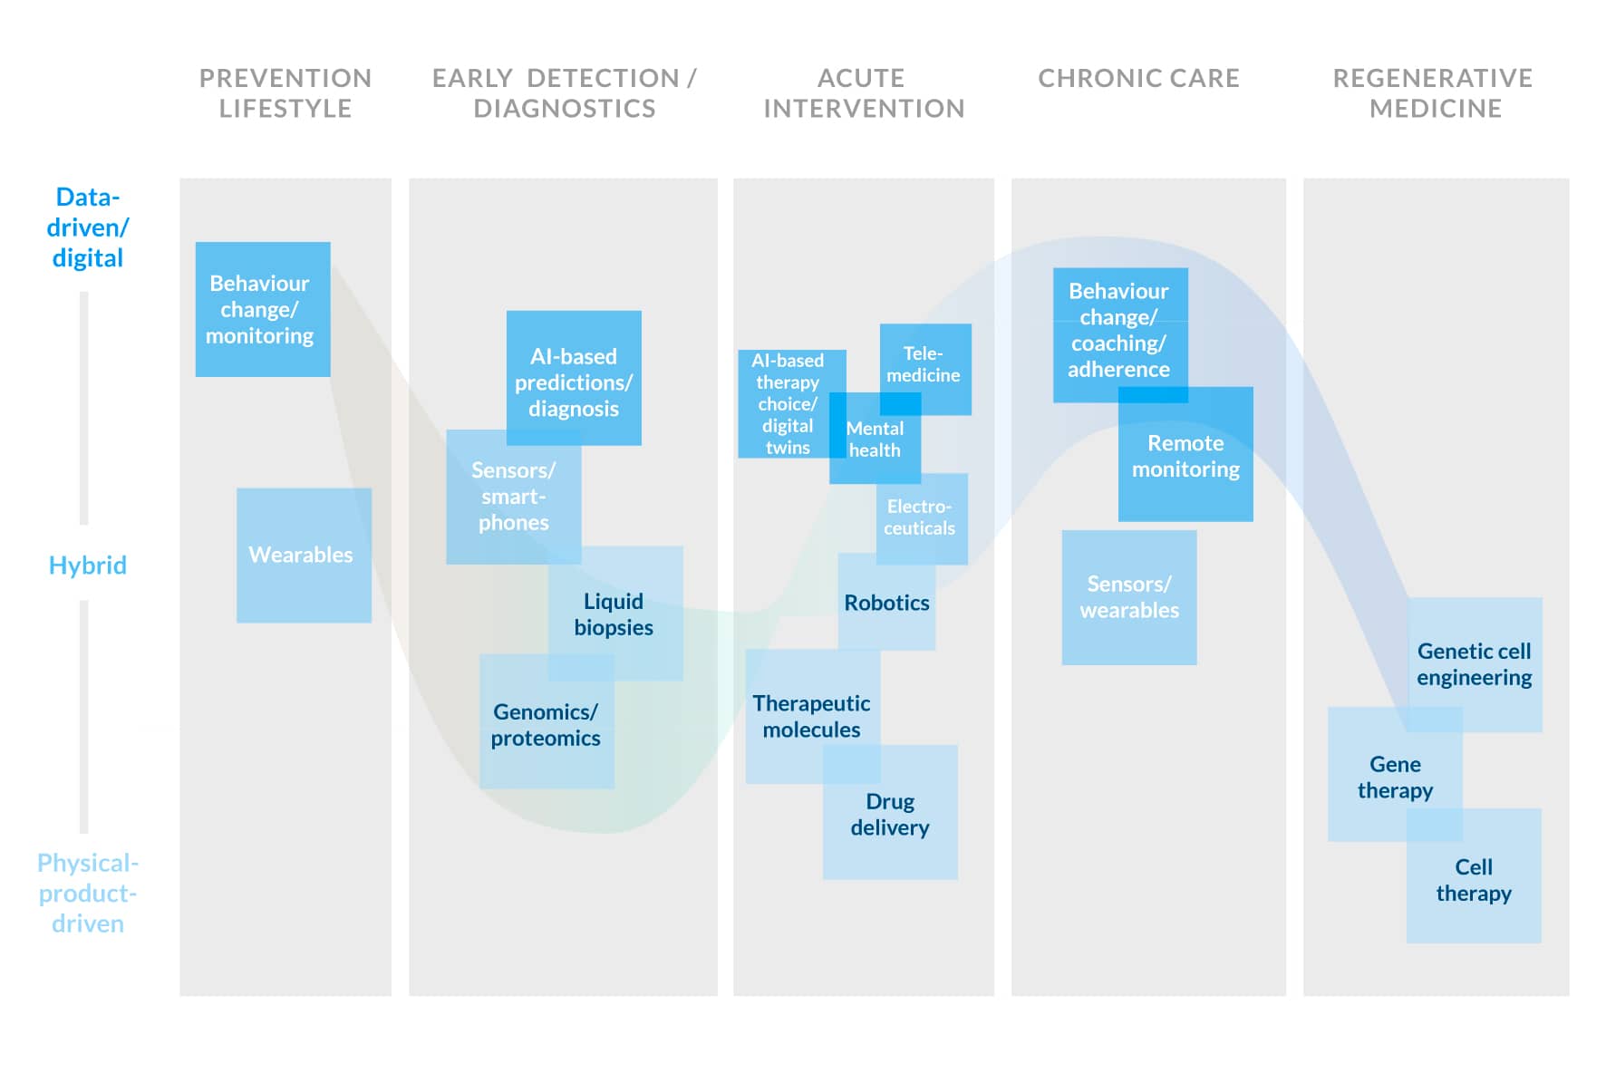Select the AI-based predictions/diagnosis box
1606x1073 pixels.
pos(574,381)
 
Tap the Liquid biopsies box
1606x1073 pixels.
pos(614,614)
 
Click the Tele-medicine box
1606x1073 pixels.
pos(924,364)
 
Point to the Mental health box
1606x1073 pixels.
pos(875,439)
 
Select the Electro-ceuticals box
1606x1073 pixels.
pos(921,517)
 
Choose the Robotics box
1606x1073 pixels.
pos(886,603)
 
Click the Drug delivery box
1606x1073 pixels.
pos(890,814)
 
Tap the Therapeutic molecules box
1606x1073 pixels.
pos(811,716)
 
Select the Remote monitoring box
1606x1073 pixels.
pos(1185,456)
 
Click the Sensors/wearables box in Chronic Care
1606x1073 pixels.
pos(1128,596)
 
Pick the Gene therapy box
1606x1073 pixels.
pos(1394,777)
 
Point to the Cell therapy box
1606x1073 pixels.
pos(1474,879)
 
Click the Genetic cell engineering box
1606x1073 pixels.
pos(1475,664)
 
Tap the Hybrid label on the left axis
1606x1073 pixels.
pos(87,565)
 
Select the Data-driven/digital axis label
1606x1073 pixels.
pos(87,227)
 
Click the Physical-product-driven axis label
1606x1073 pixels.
pos(87,893)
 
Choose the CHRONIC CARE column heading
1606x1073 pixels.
pos(1138,79)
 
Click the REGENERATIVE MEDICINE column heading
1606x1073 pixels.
pos(1433,93)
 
